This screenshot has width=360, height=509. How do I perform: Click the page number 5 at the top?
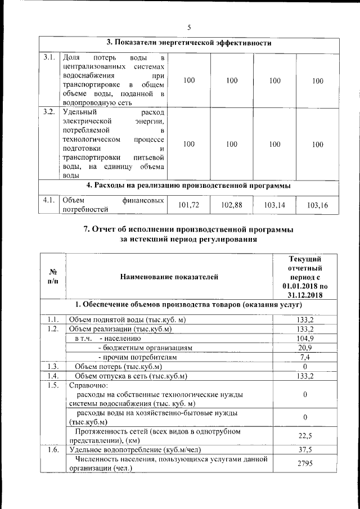pos(190,27)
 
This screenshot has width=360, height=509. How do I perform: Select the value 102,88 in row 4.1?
pos(232,205)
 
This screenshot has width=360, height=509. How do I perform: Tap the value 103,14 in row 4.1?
pos(274,205)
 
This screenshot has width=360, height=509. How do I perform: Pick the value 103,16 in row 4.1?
pos(318,205)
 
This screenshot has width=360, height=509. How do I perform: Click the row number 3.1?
pos(49,57)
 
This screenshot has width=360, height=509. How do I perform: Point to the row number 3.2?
pos(49,111)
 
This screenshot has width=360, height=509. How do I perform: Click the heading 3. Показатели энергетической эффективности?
pos(189,43)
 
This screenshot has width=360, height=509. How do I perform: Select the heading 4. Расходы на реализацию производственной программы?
pos(189,186)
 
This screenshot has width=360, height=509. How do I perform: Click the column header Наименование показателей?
pos(168,277)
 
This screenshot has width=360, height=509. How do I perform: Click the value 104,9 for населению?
pos(304,338)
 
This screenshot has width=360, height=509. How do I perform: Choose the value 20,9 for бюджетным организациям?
pos(304,348)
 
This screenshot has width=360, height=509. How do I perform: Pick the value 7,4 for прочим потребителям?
pos(304,357)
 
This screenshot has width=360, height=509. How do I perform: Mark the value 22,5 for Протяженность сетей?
pos(304,435)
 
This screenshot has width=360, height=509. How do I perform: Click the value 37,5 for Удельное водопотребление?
pos(304,449)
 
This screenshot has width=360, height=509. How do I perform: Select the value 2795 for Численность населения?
pos(304,463)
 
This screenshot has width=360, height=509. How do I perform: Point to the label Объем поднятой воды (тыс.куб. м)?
pos(127,320)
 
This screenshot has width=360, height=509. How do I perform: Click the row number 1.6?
pos(53,449)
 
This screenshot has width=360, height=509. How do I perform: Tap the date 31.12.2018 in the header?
pos(304,295)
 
